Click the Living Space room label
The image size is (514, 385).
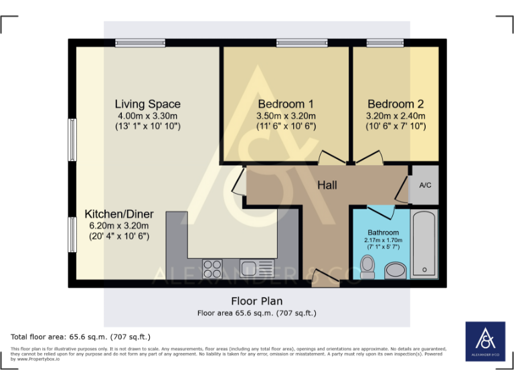click(147, 104)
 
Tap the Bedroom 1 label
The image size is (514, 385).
click(286, 104)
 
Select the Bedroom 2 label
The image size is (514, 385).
click(396, 104)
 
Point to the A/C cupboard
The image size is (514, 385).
click(424, 185)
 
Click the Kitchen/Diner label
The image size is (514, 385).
click(119, 215)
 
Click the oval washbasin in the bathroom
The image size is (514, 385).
click(395, 271)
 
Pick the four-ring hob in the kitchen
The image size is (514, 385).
click(212, 268)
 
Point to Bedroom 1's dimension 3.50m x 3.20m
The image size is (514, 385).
click(286, 116)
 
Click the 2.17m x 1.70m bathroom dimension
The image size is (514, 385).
click(383, 240)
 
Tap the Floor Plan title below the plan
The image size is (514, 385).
click(257, 301)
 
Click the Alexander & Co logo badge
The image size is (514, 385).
click(485, 342)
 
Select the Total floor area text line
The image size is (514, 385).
click(81, 337)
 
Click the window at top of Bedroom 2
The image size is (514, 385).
click(385, 43)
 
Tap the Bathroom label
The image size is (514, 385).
click(383, 233)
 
